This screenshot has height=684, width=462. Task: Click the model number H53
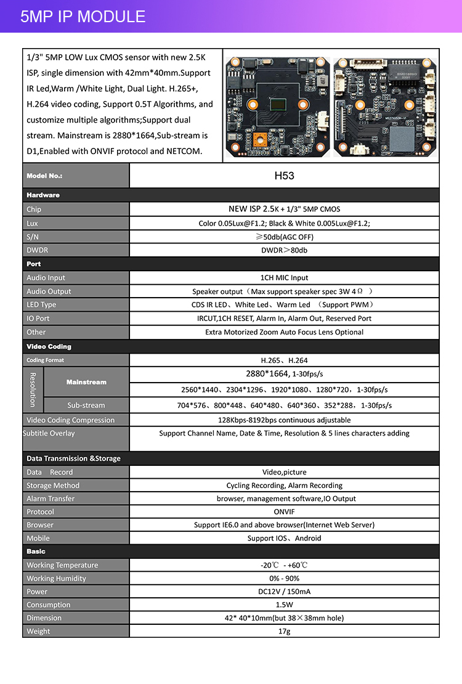coord(284,176)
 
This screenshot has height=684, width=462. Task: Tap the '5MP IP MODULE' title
coord(83,17)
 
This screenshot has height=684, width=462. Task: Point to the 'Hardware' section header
coord(43,195)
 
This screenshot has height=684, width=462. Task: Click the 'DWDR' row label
coord(37,250)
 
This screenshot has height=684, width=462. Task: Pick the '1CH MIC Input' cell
coord(284,278)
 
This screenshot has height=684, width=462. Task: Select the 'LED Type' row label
coord(41,305)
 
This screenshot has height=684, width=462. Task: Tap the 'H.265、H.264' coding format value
coord(284,360)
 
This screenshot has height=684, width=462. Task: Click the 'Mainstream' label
coord(86,382)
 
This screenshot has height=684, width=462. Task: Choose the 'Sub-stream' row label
coord(86,405)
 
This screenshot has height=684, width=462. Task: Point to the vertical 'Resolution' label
coord(33,389)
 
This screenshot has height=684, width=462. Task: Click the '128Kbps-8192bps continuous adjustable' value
coord(284,420)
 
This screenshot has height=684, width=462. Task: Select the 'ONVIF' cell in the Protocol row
coord(284,512)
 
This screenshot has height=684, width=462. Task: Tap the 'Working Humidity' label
coord(56,579)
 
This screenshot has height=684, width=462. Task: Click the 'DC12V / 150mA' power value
coord(284,592)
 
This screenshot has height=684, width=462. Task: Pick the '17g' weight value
coord(284,632)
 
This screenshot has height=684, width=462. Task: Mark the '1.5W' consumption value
coord(284,605)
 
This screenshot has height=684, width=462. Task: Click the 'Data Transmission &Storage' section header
coord(73,458)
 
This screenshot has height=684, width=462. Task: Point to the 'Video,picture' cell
coord(284,472)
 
